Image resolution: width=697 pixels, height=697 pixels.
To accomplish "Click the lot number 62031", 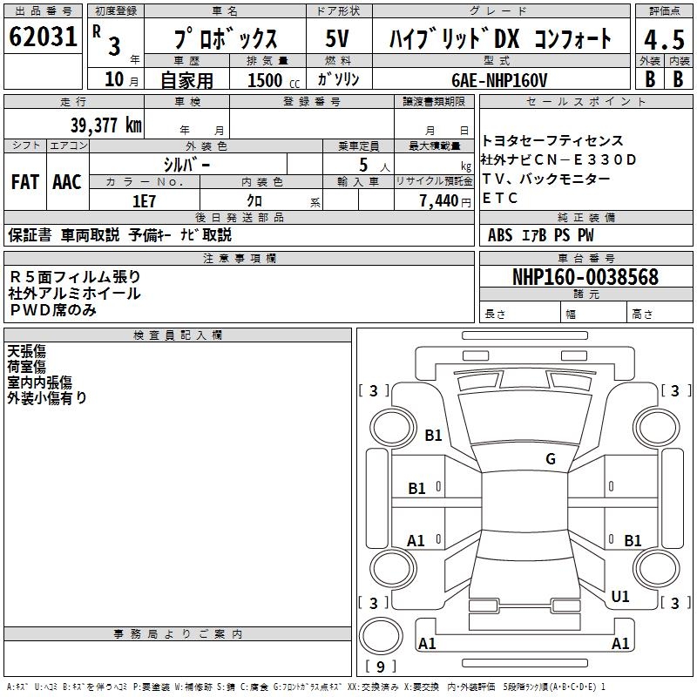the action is [x=43, y=38].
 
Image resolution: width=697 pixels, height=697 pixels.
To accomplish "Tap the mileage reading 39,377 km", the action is [x=105, y=125].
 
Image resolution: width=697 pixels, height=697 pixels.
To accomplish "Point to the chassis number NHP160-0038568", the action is [x=585, y=277].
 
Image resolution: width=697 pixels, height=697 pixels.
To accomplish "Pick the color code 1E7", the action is [x=144, y=200].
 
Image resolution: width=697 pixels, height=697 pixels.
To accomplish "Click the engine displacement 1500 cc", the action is [x=266, y=79].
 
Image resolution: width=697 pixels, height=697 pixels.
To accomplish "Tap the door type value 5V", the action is [x=337, y=39].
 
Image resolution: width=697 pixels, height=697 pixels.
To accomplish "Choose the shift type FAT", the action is [x=24, y=181].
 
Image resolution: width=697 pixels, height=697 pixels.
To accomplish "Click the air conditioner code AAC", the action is [x=66, y=181].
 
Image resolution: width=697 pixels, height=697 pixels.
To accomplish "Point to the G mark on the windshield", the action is [x=550, y=459].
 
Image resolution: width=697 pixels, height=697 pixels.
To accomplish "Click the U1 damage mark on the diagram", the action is [x=620, y=597].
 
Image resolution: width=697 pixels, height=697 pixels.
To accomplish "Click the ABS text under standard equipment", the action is [x=500, y=234].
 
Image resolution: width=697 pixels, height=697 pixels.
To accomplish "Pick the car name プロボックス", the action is [x=225, y=39].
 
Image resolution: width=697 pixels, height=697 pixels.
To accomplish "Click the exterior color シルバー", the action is [x=186, y=164].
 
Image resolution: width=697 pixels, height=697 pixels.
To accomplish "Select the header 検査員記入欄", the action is [x=178, y=335].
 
